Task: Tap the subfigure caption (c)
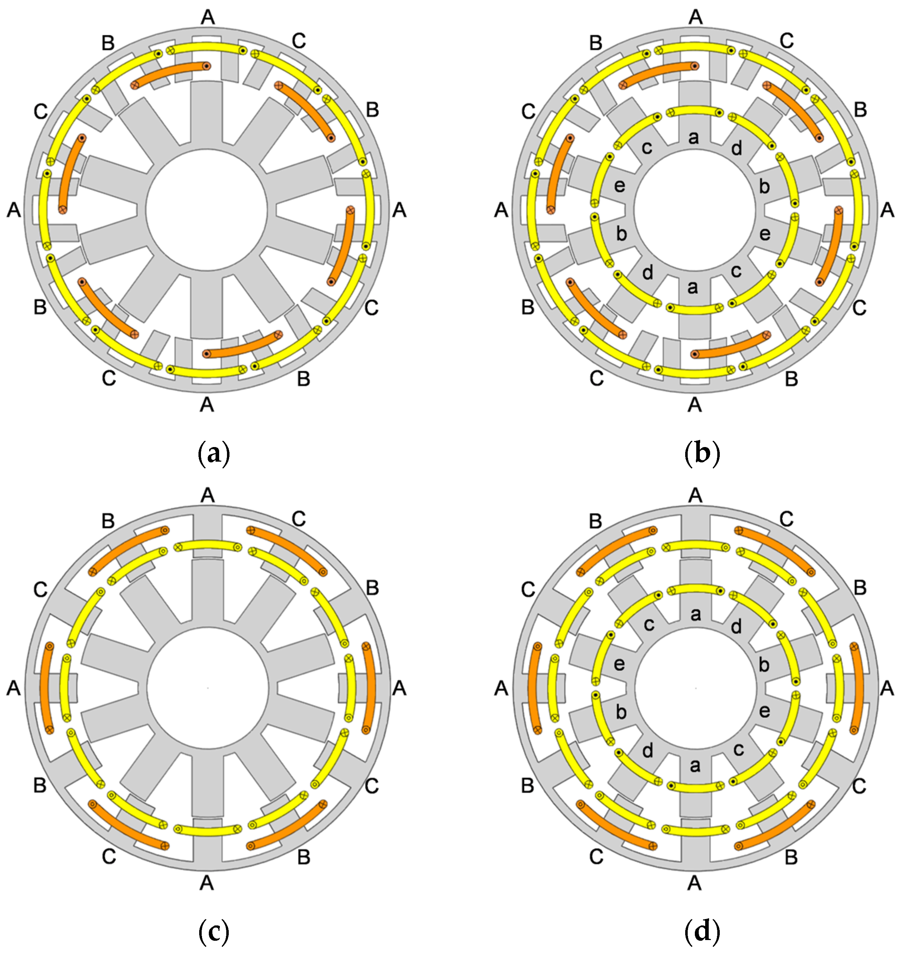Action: [x=214, y=931]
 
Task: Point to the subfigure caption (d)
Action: [x=702, y=931]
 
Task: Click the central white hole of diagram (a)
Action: [x=207, y=210]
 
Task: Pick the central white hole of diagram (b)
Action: [x=694, y=210]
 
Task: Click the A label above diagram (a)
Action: [x=208, y=17]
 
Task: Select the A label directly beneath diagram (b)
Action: [x=694, y=405]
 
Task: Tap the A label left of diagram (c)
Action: [x=14, y=689]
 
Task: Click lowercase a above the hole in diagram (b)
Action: [x=693, y=138]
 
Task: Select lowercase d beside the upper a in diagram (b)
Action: [x=736, y=149]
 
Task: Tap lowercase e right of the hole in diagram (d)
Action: [x=764, y=711]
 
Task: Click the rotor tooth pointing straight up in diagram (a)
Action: [x=207, y=113]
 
